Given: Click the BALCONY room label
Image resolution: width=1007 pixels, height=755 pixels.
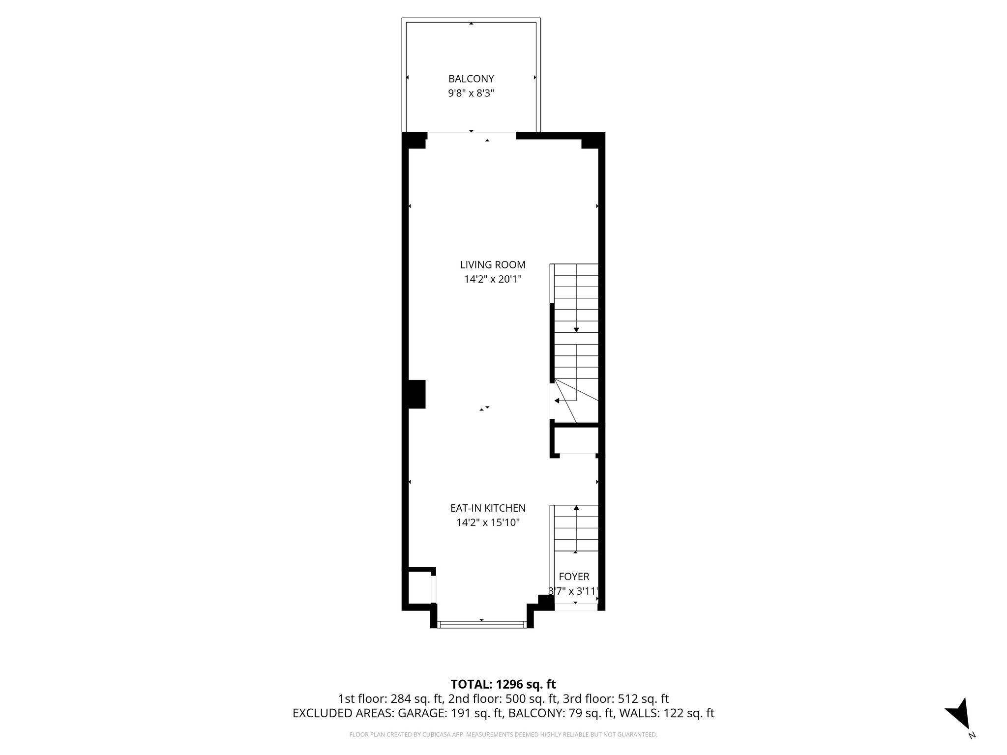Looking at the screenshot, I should click(471, 79).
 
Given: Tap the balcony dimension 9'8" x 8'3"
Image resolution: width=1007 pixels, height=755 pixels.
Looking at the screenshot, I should click(471, 93).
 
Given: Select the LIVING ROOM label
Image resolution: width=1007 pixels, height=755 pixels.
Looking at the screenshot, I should click(493, 265).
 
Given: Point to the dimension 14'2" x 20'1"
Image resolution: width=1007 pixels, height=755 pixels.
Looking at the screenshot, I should click(493, 280).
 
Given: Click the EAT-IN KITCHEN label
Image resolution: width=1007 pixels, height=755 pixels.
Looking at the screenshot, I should click(488, 508).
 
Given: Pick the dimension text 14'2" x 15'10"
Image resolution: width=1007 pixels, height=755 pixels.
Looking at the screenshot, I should click(488, 523).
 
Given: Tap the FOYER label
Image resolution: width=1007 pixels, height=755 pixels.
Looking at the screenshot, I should click(574, 577).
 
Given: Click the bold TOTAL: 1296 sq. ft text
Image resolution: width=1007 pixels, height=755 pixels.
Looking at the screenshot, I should click(503, 684).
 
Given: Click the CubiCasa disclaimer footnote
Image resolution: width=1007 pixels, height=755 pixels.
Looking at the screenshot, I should click(503, 735).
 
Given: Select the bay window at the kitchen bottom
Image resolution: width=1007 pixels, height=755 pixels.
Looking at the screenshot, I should click(482, 625).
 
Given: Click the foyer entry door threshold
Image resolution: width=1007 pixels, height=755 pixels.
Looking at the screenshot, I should click(575, 607).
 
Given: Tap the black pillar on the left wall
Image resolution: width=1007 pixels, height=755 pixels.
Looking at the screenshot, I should click(416, 394).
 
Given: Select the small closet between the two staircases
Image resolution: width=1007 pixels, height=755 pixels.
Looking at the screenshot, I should click(576, 440).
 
